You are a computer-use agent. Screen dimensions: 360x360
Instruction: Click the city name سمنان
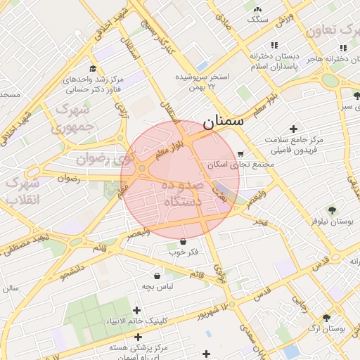click(x=224, y=121)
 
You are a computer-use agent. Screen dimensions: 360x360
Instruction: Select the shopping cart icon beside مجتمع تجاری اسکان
click(x=241, y=154)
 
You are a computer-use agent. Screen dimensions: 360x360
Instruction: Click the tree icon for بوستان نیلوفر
click(x=332, y=210)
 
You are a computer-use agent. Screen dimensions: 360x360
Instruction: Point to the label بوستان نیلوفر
click(x=332, y=221)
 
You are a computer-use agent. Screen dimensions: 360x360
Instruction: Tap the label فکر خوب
click(x=184, y=252)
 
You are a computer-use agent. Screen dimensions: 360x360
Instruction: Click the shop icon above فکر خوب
click(x=184, y=241)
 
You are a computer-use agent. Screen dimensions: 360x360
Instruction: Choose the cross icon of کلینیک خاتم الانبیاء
click(x=136, y=311)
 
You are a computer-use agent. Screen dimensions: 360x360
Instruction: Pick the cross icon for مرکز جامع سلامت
click(x=293, y=128)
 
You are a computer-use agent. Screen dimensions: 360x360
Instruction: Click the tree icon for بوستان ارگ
click(x=326, y=319)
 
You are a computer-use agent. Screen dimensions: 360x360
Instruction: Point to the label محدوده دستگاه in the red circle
click(x=182, y=193)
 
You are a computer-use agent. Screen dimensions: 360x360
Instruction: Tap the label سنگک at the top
click(x=257, y=19)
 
